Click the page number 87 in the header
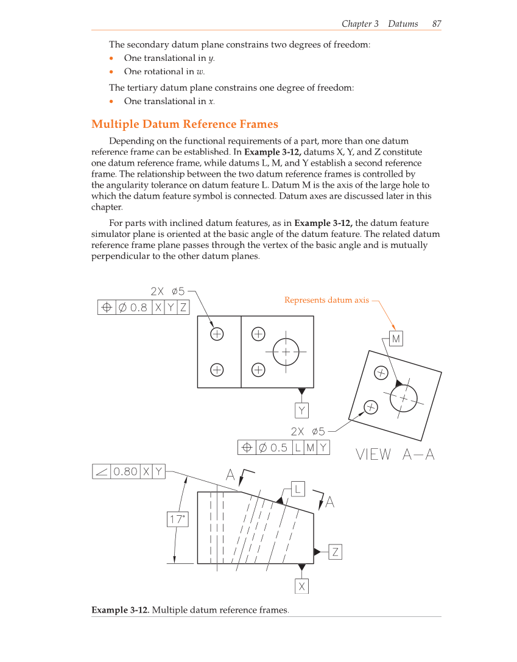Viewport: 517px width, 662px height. coord(436,24)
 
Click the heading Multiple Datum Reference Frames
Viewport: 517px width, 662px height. coord(185,124)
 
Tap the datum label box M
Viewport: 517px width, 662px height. coord(396,338)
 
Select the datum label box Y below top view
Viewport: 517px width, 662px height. coord(301,410)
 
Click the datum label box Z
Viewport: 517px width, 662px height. coord(335,552)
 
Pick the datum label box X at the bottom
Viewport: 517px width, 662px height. coord(301,586)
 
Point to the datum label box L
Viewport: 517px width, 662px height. coord(297,488)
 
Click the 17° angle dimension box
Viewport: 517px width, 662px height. coord(177,519)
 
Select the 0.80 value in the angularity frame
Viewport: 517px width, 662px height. coord(125,471)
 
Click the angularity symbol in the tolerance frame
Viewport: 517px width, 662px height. coord(101,471)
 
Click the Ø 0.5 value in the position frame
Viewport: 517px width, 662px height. coord(273,448)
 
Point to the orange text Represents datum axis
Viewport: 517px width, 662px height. coord(326,300)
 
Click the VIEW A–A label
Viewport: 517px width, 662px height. coord(395,454)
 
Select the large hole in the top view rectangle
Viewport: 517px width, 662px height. coord(286,351)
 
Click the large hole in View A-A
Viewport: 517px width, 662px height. coord(403,398)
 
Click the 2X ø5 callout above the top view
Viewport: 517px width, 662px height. coord(167,291)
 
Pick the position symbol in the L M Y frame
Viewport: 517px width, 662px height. coord(247,448)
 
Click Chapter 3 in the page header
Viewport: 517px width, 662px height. coord(360,24)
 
